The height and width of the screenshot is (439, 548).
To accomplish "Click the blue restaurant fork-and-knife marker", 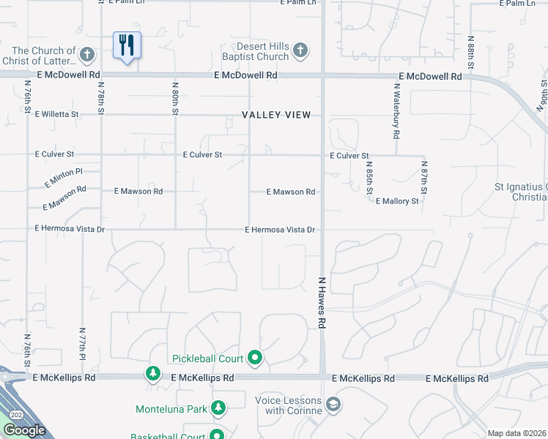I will (x=127, y=45).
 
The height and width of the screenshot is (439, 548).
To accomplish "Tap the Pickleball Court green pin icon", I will (x=255, y=358).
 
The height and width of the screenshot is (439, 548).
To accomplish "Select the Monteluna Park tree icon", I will (x=218, y=408).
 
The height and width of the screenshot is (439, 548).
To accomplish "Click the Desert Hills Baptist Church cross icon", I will (x=299, y=50).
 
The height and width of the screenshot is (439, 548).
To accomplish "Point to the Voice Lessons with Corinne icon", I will (x=333, y=405).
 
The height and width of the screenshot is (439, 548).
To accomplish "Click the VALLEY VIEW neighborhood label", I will (x=277, y=115).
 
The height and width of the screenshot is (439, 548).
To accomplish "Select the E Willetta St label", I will (x=56, y=115).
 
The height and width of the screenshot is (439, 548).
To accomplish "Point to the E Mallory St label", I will (x=396, y=201).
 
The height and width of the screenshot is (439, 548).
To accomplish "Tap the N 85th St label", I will (x=369, y=178).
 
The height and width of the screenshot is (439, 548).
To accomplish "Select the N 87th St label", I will (x=425, y=178).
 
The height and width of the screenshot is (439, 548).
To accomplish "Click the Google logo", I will (x=24, y=430).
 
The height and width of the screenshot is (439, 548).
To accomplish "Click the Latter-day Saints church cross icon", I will (x=87, y=54).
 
